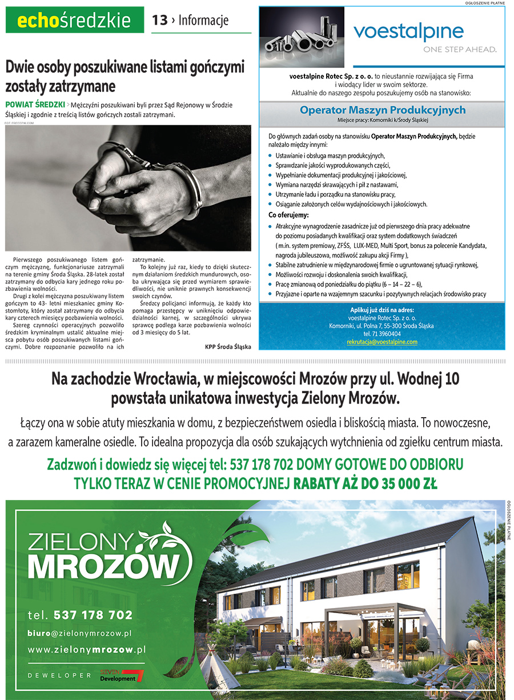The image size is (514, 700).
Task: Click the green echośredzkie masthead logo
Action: (x=74, y=21)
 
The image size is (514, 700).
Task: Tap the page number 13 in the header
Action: (x=159, y=21)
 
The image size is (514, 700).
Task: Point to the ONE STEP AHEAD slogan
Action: (x=459, y=50)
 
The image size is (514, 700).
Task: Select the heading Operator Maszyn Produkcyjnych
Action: (x=383, y=110)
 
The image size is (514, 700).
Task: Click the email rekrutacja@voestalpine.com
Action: (x=382, y=342)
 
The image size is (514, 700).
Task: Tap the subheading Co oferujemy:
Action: (x=288, y=215)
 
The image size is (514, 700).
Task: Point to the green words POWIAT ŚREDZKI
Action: (x=34, y=105)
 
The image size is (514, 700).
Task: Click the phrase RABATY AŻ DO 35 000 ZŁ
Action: (x=366, y=484)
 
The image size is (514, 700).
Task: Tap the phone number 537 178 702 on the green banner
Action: (x=93, y=615)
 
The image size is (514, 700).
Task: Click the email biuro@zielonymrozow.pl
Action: (x=80, y=633)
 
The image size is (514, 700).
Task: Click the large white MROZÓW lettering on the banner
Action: (x=103, y=567)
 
